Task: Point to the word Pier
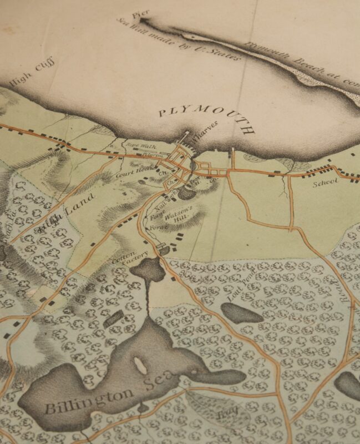tap(138, 14)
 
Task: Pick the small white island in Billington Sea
tap(139, 364)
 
